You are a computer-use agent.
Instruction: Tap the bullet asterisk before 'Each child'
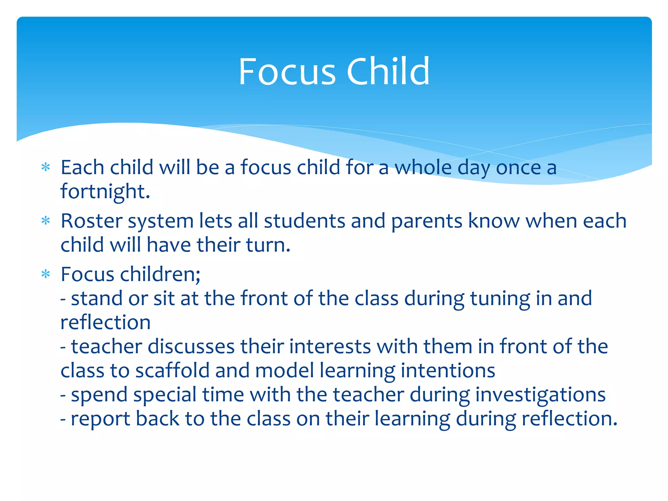(x=46, y=168)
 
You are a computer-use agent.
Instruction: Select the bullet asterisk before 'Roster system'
(x=46, y=221)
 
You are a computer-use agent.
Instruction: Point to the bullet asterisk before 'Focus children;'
(x=46, y=274)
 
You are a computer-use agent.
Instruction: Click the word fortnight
(x=105, y=192)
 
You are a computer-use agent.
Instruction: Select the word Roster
(x=91, y=221)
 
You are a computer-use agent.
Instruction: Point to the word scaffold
(x=172, y=371)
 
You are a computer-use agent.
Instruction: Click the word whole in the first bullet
(x=423, y=168)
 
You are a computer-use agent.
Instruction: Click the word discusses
(x=191, y=347)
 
